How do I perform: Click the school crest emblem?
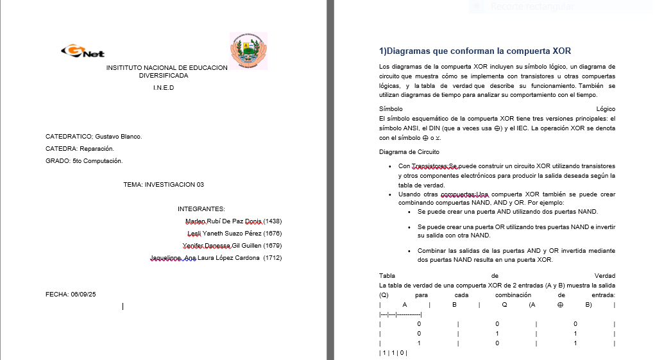tap(248, 51)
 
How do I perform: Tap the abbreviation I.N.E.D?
tap(164, 88)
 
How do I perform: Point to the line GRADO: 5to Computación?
tap(84, 161)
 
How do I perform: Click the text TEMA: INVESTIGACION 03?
tap(164, 185)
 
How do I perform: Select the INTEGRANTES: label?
tap(201, 209)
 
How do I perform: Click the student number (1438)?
tap(273, 221)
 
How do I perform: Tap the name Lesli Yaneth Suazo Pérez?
tap(224, 234)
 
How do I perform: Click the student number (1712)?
tap(273, 258)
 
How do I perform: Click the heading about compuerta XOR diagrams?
tap(475, 51)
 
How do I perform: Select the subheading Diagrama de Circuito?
tap(409, 152)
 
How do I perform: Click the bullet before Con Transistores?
tap(391, 166)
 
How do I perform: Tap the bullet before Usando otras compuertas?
tap(391, 194)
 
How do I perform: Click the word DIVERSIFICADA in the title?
tap(164, 76)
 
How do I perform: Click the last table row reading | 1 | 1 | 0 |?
tap(393, 353)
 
